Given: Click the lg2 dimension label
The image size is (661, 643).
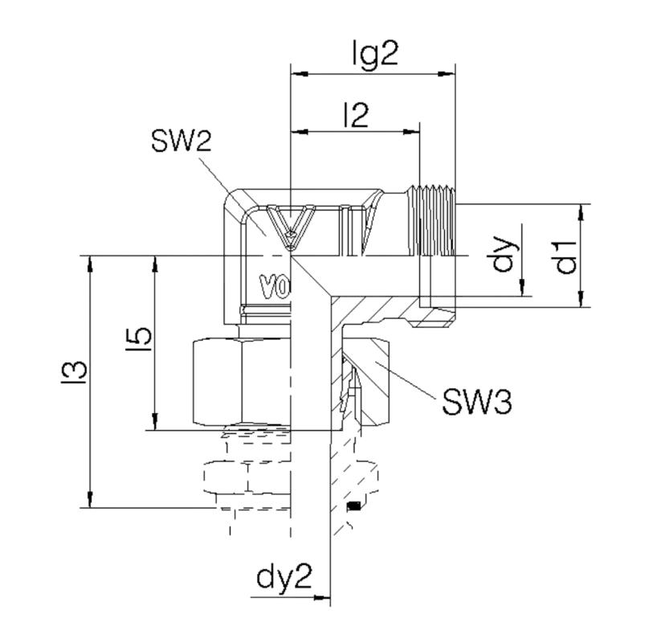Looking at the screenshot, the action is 375,53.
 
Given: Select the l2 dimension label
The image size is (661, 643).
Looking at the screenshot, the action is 357,115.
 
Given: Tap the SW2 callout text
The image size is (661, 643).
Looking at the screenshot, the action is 181,141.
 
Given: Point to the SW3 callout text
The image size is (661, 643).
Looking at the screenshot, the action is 477,401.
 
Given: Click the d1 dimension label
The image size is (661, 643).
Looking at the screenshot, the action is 565,256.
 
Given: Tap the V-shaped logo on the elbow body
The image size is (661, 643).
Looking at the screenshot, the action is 291,227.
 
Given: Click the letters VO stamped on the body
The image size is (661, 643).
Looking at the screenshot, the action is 275,287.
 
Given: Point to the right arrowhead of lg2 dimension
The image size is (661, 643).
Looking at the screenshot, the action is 447,74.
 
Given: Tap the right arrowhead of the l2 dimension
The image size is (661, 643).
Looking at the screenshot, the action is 411,132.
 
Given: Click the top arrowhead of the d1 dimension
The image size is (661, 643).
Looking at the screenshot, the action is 581,212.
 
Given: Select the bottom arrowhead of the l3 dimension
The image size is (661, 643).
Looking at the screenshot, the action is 90,499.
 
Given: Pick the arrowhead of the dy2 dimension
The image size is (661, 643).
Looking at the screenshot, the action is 322,597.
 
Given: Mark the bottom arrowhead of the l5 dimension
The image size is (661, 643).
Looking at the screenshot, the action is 155,421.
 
